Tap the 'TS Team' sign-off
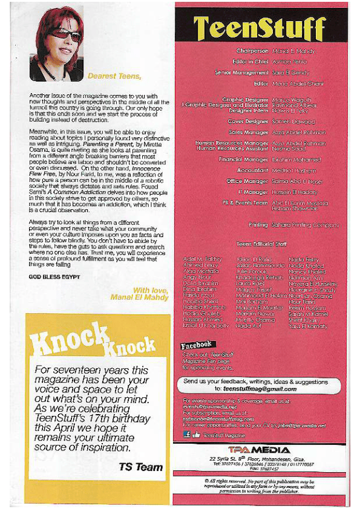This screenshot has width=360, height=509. [x=140, y=467]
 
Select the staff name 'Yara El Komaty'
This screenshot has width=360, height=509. [x=309, y=326]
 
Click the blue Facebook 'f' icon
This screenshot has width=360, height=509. [x=186, y=435]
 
